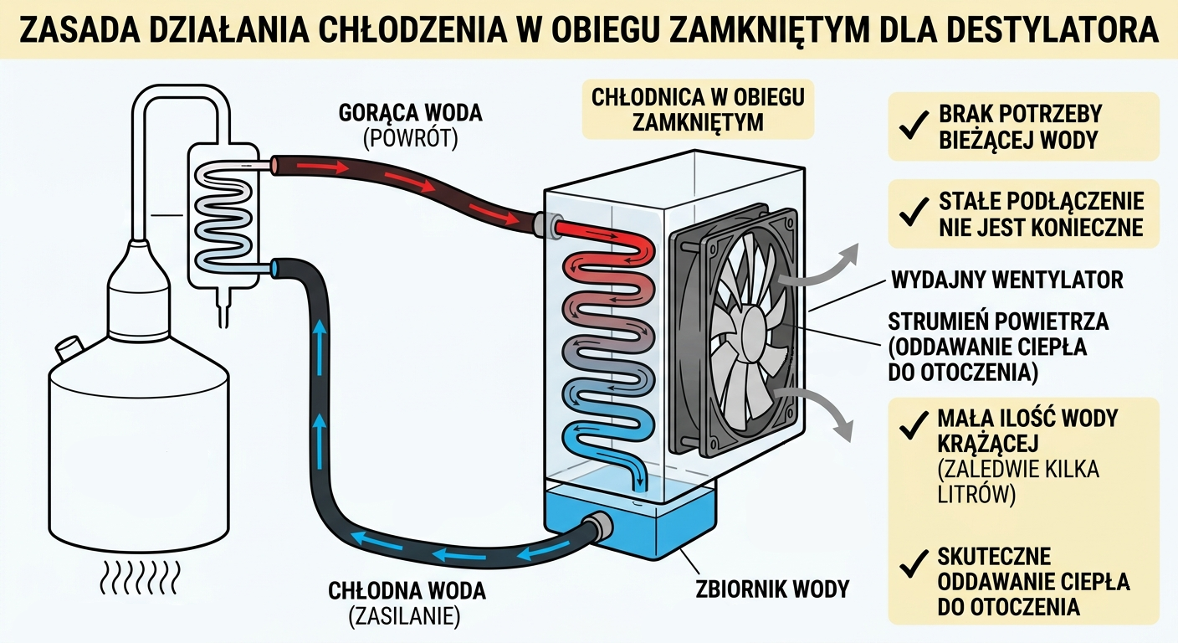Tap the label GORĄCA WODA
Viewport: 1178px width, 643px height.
coord(411,112)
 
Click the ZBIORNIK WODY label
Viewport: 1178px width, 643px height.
coord(772,589)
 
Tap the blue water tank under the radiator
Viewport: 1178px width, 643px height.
coord(632,525)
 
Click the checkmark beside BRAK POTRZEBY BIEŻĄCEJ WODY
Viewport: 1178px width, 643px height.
coord(909,126)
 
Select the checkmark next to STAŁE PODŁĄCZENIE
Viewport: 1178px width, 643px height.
coord(909,213)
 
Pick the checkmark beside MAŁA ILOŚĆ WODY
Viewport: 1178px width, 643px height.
coord(909,430)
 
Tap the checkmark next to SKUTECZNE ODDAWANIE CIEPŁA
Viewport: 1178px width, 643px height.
coord(909,569)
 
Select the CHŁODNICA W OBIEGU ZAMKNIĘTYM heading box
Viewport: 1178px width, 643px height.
coord(698,109)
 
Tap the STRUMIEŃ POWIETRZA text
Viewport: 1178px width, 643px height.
coord(998,321)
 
